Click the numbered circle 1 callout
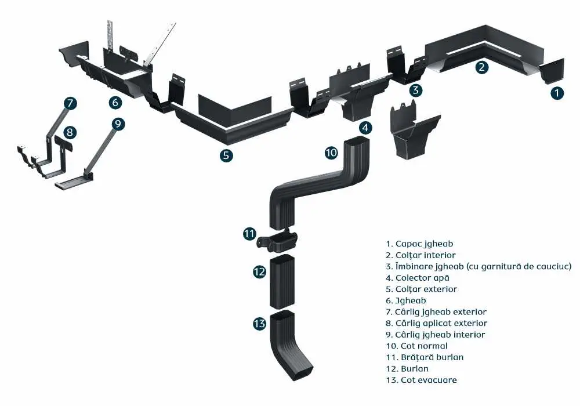click(x=557, y=92)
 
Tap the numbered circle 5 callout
click(x=227, y=155)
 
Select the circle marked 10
click(x=331, y=153)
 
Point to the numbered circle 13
click(x=259, y=324)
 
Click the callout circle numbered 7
click(x=70, y=104)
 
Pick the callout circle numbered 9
click(x=118, y=124)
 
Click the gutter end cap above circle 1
click(x=552, y=71)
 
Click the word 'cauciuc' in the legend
click(x=555, y=266)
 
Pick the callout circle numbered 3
click(x=415, y=90)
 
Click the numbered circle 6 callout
click(x=115, y=102)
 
